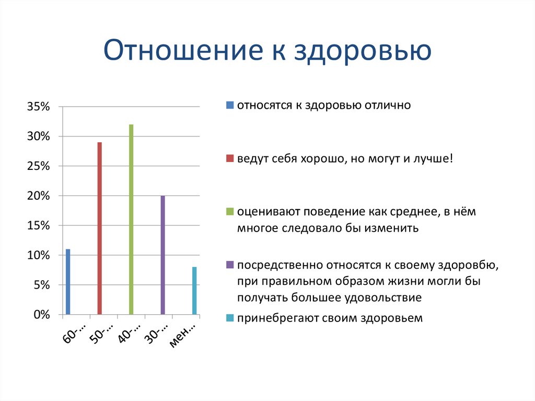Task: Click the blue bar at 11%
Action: [68, 282]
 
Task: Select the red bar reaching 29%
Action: [99, 228]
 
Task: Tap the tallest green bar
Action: [131, 220]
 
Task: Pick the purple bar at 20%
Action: [162, 255]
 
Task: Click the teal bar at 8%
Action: [194, 291]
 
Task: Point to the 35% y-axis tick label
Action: [38, 107]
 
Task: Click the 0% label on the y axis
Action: [41, 315]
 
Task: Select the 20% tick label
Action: [38, 197]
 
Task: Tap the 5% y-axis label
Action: [41, 285]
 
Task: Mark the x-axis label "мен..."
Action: [182, 335]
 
